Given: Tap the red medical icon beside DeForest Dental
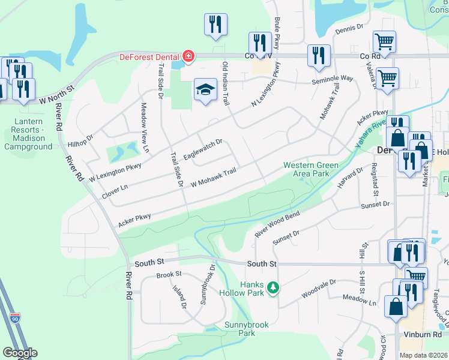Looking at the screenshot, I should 188,56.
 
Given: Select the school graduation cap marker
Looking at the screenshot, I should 205,90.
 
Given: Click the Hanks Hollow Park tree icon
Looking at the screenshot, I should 273,289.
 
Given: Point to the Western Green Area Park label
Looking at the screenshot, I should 311,169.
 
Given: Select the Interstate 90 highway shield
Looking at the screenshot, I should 15,316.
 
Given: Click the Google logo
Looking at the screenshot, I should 20,353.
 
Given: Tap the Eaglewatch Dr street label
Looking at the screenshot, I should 203,150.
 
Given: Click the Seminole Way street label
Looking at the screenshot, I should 332,79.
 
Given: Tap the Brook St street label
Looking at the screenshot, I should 169,274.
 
